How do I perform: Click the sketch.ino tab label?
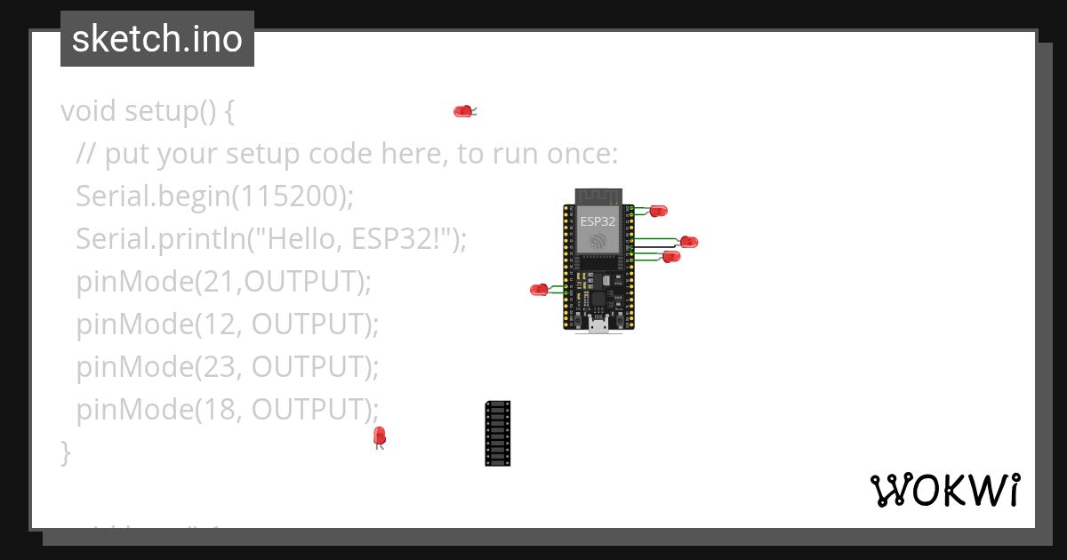pyautogui.click(x=157, y=39)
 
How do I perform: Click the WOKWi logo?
pyautogui.click(x=944, y=490)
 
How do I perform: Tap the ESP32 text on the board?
pyautogui.click(x=598, y=221)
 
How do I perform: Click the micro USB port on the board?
pyautogui.click(x=598, y=325)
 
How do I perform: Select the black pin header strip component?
pyautogui.click(x=498, y=433)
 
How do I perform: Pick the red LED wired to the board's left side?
pyautogui.click(x=539, y=289)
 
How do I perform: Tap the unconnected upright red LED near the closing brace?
pyautogui.click(x=380, y=435)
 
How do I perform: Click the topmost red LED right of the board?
pyautogui.click(x=659, y=211)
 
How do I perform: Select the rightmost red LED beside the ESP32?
pyautogui.click(x=689, y=242)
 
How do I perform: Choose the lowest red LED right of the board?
pyautogui.click(x=671, y=256)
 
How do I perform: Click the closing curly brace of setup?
pyautogui.click(x=65, y=452)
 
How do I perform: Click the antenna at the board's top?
pyautogui.click(x=598, y=196)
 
